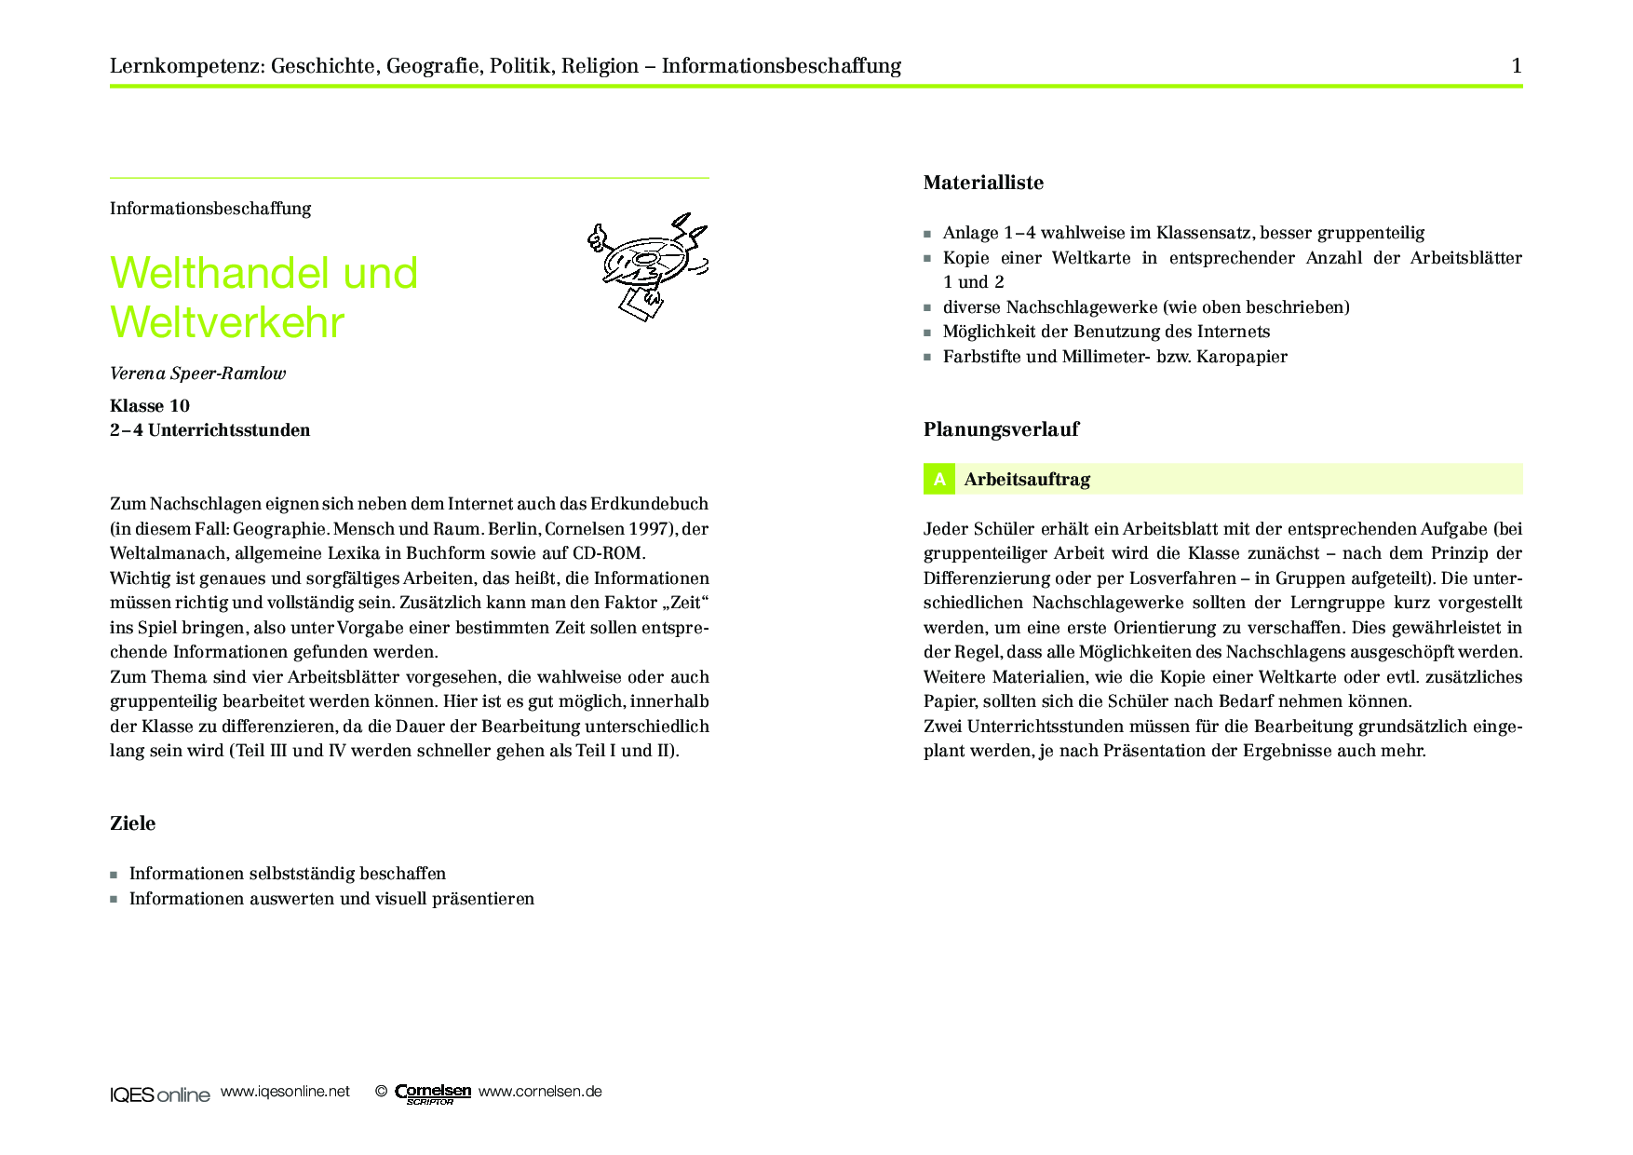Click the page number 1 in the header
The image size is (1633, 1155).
[1517, 65]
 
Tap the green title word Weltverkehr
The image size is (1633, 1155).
[227, 322]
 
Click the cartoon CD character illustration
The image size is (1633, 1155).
[647, 265]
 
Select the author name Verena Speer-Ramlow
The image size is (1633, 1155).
[197, 374]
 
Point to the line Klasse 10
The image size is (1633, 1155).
[150, 405]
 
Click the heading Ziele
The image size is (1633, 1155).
[132, 823]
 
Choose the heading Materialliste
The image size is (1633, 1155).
[983, 183]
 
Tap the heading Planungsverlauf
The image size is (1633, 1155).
[1001, 429]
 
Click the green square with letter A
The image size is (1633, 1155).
[939, 479]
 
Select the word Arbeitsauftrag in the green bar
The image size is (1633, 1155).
[1027, 480]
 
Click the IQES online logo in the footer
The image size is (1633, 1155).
[159, 1094]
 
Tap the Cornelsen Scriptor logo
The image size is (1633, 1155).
[433, 1094]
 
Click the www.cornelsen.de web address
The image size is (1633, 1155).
[540, 1092]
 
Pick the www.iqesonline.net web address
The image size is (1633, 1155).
[285, 1092]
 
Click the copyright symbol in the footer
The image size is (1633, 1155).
[381, 1092]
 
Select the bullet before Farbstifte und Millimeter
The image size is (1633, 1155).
[927, 357]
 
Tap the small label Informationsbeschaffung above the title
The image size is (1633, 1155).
[210, 209]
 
